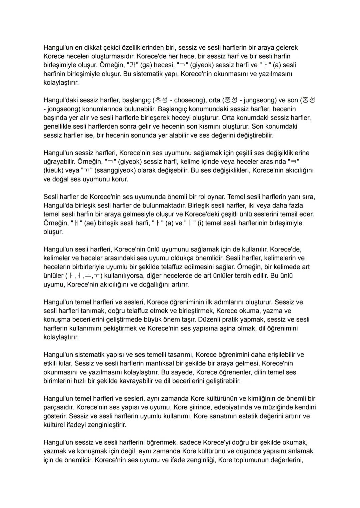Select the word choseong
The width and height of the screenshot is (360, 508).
(189, 100)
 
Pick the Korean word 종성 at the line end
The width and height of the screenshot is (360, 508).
(309, 100)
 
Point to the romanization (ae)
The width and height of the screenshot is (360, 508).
(90, 223)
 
